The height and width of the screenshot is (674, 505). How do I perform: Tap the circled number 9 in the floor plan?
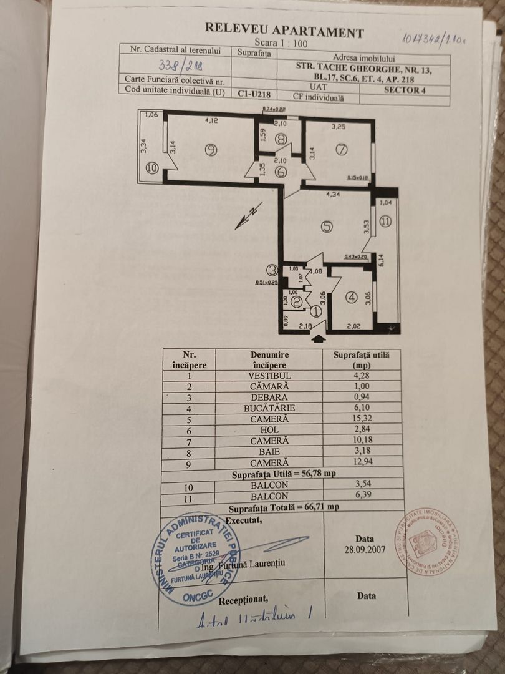[x=211, y=150]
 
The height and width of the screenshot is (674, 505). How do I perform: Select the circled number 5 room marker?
[x=327, y=227]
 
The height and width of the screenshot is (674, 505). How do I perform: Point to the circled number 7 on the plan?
[x=340, y=149]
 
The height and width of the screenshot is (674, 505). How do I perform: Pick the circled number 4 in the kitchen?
[x=352, y=298]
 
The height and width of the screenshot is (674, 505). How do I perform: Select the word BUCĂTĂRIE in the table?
[x=269, y=408]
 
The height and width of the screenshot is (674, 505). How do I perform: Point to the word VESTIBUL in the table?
[x=269, y=376]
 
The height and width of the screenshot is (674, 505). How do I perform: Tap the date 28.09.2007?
[x=365, y=550]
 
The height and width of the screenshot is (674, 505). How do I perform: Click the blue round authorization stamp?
[x=195, y=559]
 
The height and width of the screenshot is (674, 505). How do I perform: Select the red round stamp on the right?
[x=427, y=540]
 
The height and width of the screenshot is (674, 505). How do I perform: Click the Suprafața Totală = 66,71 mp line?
[x=284, y=507]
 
